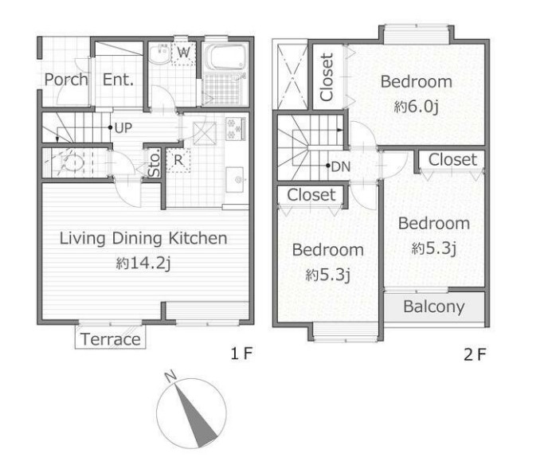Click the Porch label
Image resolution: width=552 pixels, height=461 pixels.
[x=66, y=80]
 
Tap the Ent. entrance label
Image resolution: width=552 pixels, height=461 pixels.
[x=118, y=80]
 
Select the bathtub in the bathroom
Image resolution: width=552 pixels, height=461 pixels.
[x=225, y=57]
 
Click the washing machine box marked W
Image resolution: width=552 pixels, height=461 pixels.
[x=183, y=53]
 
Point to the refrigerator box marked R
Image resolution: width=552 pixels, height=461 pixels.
[x=178, y=160]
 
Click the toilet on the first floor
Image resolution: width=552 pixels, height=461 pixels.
[x=72, y=163]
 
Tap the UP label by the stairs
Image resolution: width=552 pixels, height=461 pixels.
[x=123, y=128]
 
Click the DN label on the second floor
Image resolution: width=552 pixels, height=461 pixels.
[x=341, y=166]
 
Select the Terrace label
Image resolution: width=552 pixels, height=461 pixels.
[x=111, y=339]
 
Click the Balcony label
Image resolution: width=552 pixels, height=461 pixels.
[x=433, y=307]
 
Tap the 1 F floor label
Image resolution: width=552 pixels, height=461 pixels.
[x=241, y=354]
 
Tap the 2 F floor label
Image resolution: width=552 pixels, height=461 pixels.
[x=475, y=354]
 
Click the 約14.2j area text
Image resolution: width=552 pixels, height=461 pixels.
[x=143, y=264]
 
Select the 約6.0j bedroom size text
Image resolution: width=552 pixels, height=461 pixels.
[x=416, y=106]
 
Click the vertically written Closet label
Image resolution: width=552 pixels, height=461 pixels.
[x=327, y=77]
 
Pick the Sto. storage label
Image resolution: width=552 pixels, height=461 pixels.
[x=155, y=163]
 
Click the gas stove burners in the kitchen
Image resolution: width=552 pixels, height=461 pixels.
[x=236, y=129]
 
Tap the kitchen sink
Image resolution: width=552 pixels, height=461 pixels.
[x=235, y=180]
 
